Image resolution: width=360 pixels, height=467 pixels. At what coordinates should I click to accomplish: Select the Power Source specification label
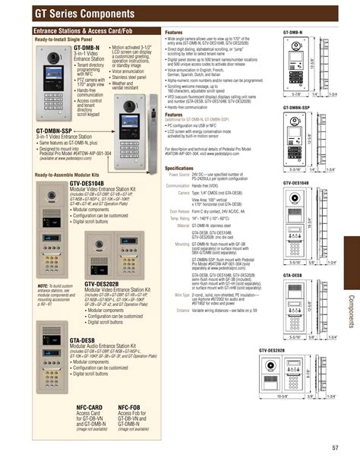(178, 175)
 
